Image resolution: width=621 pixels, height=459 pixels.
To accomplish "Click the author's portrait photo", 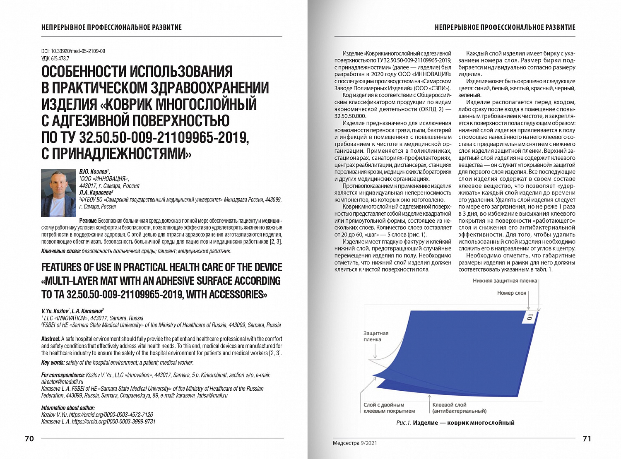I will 58,193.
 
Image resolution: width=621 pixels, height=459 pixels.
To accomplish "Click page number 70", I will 29,439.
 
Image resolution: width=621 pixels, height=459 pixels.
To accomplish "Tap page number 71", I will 587,439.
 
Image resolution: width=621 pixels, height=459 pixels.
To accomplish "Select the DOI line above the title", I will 73,51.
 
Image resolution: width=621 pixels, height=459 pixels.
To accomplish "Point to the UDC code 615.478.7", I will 55,58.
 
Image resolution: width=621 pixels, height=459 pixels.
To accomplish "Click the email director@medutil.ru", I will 62,382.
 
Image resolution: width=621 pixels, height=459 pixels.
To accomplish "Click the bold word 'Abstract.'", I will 51,339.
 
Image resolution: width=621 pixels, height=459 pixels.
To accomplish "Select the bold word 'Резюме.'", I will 88,221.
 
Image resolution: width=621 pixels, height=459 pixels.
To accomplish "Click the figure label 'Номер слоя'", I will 512,293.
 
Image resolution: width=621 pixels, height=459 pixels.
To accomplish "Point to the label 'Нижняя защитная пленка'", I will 505,281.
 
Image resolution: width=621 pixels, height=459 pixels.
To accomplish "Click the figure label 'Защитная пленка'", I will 376,336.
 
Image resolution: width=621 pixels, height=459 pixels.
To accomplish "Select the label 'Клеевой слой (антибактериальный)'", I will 459,408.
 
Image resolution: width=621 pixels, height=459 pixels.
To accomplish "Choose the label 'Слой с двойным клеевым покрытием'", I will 389,408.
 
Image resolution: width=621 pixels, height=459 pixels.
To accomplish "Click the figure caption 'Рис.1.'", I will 404,423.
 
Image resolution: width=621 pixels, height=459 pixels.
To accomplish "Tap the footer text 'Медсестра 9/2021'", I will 355,443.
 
